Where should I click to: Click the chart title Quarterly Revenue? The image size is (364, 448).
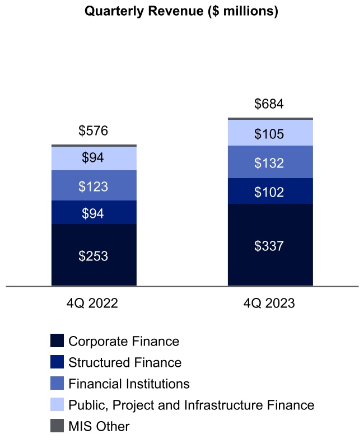[181, 12]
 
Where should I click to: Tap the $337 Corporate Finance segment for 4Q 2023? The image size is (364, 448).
[269, 245]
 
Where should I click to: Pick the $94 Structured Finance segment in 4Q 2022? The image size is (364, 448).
[94, 212]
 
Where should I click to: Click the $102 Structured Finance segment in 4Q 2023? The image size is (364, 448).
[269, 191]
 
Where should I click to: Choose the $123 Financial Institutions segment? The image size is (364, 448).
[94, 185]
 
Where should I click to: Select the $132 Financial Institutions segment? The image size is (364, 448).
[269, 162]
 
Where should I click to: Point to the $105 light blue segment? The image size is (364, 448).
[269, 133]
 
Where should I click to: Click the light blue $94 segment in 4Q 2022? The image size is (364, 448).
[94, 158]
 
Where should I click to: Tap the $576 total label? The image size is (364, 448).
[94, 131]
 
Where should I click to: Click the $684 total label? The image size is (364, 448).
[269, 104]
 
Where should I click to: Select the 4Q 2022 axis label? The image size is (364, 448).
[92, 304]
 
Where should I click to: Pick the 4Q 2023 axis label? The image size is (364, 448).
[269, 304]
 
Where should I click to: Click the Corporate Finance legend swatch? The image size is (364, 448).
[57, 341]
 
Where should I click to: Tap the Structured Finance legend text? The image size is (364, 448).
[124, 362]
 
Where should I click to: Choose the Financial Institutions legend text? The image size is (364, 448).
[129, 384]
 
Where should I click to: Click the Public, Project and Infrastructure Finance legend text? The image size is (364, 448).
[191, 405]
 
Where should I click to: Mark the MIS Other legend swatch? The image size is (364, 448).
[57, 426]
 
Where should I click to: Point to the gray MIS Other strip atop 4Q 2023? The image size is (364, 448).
[269, 119]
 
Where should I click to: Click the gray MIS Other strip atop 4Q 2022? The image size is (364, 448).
[94, 146]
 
